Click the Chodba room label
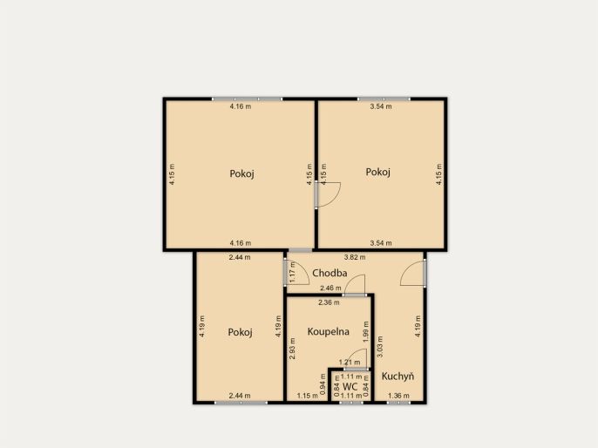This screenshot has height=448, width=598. pos(330,273)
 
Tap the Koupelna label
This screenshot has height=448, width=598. pos(328,332)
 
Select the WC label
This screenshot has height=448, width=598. pos(350,387)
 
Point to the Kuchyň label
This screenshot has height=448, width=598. pos(398,377)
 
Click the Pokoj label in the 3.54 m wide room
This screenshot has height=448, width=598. pos(378,173)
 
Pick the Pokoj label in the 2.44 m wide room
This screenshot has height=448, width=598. pos(240,332)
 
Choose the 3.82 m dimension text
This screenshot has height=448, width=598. pos(355,257)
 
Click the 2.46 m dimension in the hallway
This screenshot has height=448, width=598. pos(330,288)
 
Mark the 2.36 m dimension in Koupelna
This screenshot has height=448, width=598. pos(329,302)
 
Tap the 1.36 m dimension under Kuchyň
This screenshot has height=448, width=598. pos(398,396)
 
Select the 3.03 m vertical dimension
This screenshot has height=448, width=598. pos(380,347)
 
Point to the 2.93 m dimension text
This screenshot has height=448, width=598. pos(292,349)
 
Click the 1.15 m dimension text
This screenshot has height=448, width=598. pos(308,396)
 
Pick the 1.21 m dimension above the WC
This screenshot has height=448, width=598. pos(350,363)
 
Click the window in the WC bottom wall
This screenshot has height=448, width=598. pos(351,402)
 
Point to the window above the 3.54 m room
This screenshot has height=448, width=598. pos(384,99)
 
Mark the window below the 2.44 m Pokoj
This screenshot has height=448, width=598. pos(241,403)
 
